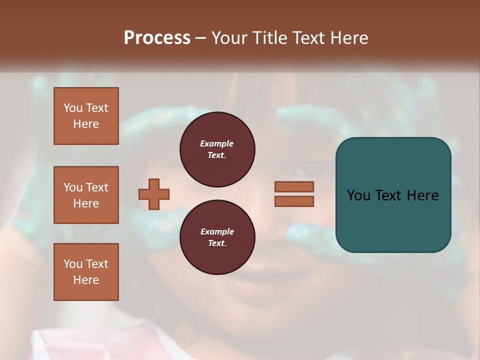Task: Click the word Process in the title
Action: click(x=157, y=38)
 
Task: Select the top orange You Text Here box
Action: click(x=86, y=116)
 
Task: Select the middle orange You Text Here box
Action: click(x=86, y=195)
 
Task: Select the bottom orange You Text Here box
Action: click(x=86, y=272)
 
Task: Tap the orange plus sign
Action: click(x=154, y=194)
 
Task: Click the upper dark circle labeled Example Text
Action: click(x=217, y=149)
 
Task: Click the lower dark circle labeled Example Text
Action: click(x=217, y=237)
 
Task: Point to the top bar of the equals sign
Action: click(x=294, y=186)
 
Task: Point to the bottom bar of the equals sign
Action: click(x=294, y=201)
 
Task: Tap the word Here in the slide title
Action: click(x=348, y=38)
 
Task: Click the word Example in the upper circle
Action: click(x=217, y=143)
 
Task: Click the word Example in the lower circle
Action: click(x=217, y=231)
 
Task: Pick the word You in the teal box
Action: click(x=358, y=195)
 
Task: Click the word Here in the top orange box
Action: click(x=86, y=124)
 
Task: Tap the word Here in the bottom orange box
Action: click(x=86, y=280)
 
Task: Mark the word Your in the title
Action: click(x=229, y=38)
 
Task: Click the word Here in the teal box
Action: click(x=422, y=195)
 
